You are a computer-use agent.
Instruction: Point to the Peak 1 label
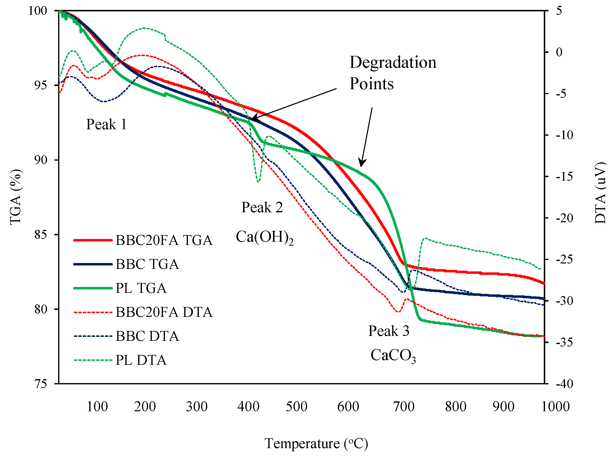point(107,124)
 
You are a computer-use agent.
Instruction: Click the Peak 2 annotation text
point(262,207)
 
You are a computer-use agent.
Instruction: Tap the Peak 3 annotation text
point(388,331)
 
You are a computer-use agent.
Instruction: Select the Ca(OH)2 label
point(264,237)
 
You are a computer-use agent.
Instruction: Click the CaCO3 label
point(393,355)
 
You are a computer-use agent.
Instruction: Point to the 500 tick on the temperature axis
point(297,407)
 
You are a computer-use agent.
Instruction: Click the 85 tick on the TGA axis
point(41,235)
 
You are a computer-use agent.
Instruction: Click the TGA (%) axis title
point(16,197)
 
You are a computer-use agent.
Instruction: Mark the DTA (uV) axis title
point(600,193)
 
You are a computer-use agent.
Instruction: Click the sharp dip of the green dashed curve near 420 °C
point(258,181)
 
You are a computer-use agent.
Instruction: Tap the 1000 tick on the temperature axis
point(555,407)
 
